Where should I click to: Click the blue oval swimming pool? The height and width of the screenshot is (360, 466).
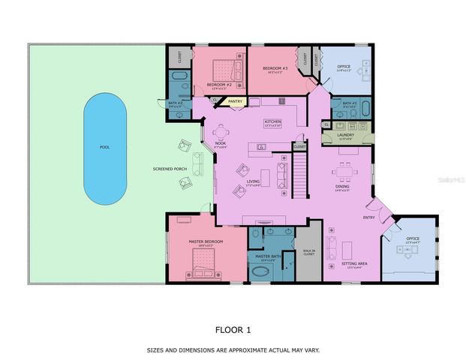[x=104, y=148]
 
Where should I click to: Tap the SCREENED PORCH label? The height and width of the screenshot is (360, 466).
[x=170, y=169]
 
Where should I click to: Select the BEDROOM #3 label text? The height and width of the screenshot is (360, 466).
[x=275, y=68]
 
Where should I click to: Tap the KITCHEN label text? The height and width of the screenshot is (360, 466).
[x=272, y=121]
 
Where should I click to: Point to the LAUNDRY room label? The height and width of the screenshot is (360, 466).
[x=345, y=135]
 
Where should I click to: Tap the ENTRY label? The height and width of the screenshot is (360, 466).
[x=368, y=217]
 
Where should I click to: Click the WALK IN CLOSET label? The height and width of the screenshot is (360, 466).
[x=308, y=253]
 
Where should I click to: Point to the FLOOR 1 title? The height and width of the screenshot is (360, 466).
[x=233, y=329]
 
